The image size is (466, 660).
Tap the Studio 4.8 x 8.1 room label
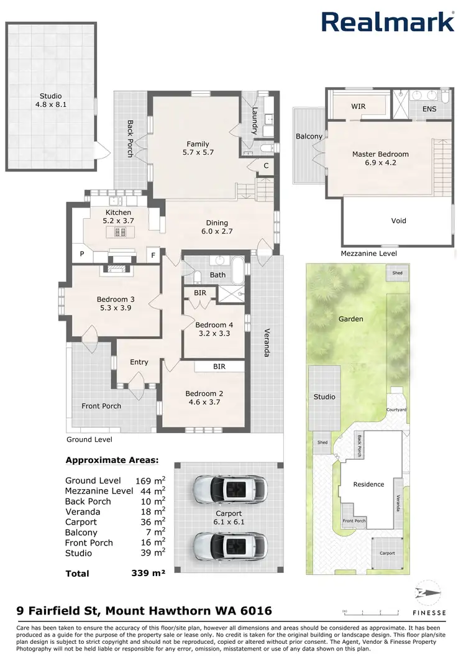pos(51,101)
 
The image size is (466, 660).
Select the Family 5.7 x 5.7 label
pos(198,148)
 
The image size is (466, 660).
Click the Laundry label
pos(254,121)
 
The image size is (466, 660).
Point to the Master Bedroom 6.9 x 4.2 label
pos(380,158)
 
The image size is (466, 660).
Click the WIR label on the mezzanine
pos(358,106)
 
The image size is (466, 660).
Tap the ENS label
pos(429,109)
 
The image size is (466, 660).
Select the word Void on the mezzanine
pos(398,221)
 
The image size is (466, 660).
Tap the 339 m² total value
pos(150,574)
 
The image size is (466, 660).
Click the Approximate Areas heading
pos(112,461)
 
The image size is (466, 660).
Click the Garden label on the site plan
pos(351,319)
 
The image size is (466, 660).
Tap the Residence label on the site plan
pos(368,484)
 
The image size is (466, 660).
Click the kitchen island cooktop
pos(119,232)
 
